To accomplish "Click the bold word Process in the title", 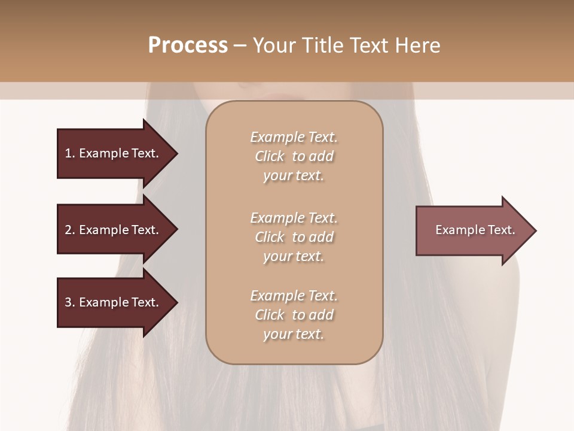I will click(188, 45).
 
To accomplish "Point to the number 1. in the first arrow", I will click(70, 153).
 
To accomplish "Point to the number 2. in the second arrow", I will click(70, 230).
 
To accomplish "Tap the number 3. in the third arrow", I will click(70, 302).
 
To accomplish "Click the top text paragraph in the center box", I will click(294, 156).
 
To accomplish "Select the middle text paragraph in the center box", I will click(294, 237).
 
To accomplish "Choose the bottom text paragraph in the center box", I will click(294, 315).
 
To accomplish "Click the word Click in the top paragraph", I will click(269, 156).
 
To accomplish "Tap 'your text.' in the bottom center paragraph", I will click(294, 335).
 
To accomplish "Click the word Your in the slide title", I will click(274, 45).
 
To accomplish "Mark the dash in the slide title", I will click(240, 45).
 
